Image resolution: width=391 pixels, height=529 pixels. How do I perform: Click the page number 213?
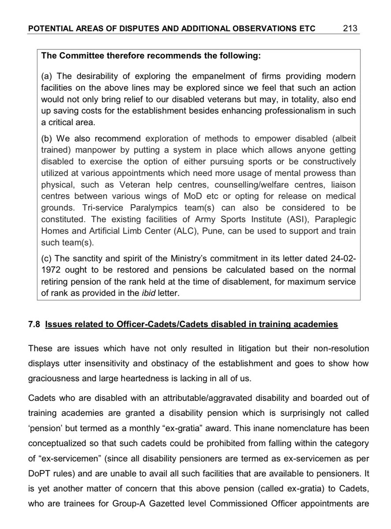click(x=351, y=29)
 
